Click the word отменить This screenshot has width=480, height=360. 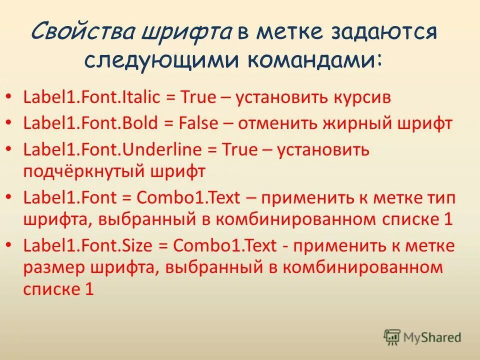pyautogui.click(x=276, y=123)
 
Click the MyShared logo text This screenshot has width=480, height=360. pyautogui.click(x=433, y=337)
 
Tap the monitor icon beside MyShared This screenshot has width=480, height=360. pyautogui.click(x=392, y=337)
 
